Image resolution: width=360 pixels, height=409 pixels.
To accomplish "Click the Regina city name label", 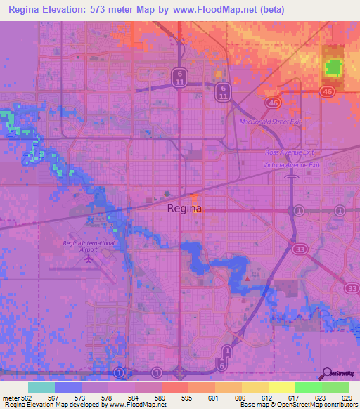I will tap(185, 209).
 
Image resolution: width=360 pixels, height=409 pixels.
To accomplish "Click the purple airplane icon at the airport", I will tap(89, 258).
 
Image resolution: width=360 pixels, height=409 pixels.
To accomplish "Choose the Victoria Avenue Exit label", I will tap(291, 164).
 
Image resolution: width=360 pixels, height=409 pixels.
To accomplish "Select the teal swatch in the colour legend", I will tap(41, 387).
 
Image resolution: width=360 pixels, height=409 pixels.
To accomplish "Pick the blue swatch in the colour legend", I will tap(68, 387).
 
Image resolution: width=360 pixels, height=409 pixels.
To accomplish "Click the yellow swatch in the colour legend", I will tap(281, 387).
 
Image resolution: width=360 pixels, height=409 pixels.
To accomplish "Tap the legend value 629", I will tap(347, 398).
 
